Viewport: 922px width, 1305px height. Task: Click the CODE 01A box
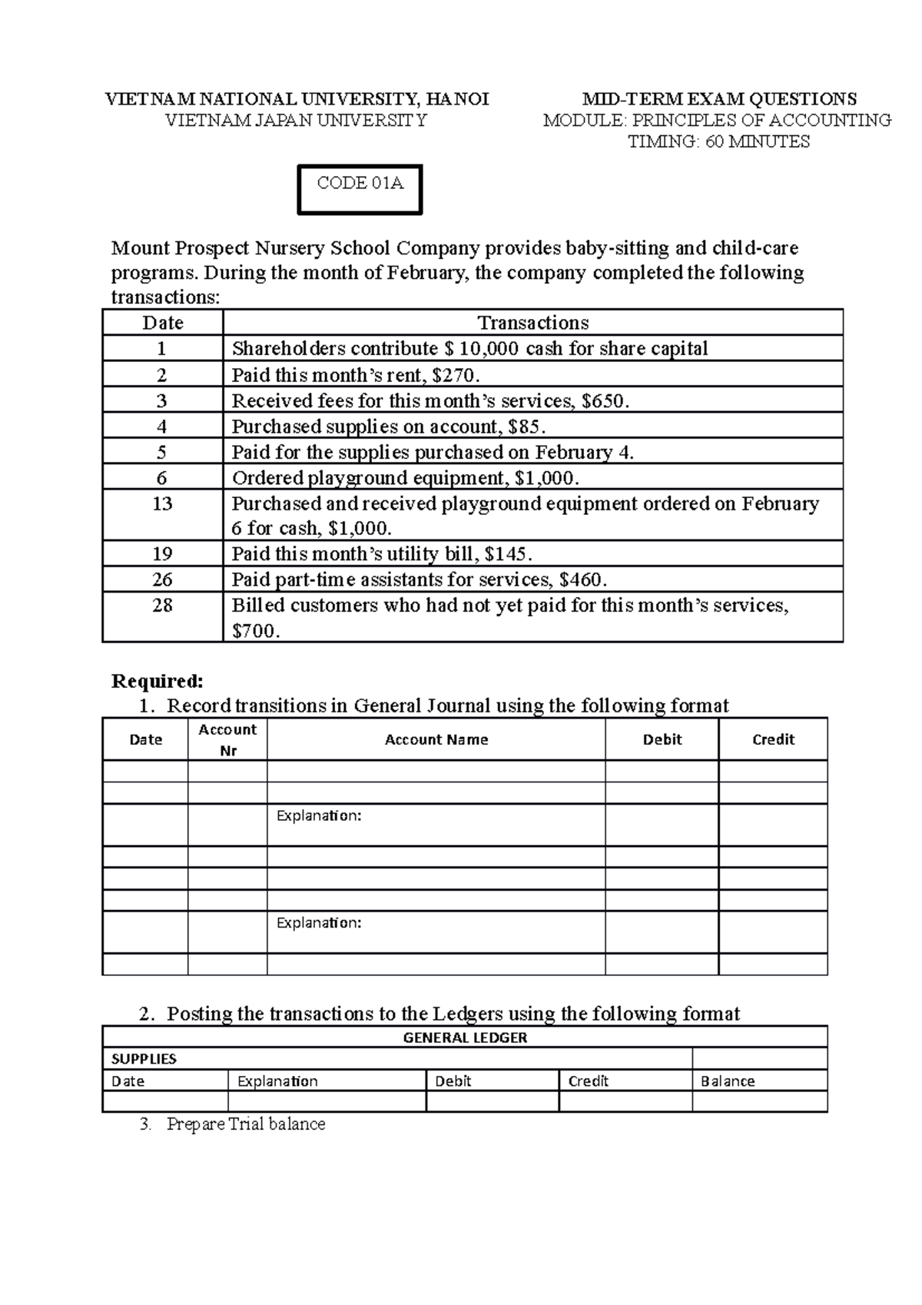tap(360, 188)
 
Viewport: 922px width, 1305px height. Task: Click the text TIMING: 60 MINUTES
tap(718, 142)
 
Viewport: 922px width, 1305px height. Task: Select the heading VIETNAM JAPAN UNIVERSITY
tap(297, 121)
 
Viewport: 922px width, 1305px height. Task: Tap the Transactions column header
tap(532, 323)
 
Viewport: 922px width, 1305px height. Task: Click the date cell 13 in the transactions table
tap(162, 504)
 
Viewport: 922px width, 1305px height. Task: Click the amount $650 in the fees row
tap(604, 401)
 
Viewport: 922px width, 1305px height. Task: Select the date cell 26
tap(162, 579)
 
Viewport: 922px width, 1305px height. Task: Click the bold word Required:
tap(158, 681)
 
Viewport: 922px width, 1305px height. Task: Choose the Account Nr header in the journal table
tap(227, 739)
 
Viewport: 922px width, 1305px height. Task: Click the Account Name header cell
tap(436, 739)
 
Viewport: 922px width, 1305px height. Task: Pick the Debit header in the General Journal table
tap(662, 739)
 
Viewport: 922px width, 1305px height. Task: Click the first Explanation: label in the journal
tap(319, 815)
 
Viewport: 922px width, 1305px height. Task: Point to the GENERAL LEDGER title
tap(465, 1038)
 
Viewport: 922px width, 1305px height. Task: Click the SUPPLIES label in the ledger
tap(144, 1059)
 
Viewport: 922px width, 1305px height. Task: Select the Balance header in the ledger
tap(727, 1081)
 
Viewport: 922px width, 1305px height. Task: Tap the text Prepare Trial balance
tap(246, 1124)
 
